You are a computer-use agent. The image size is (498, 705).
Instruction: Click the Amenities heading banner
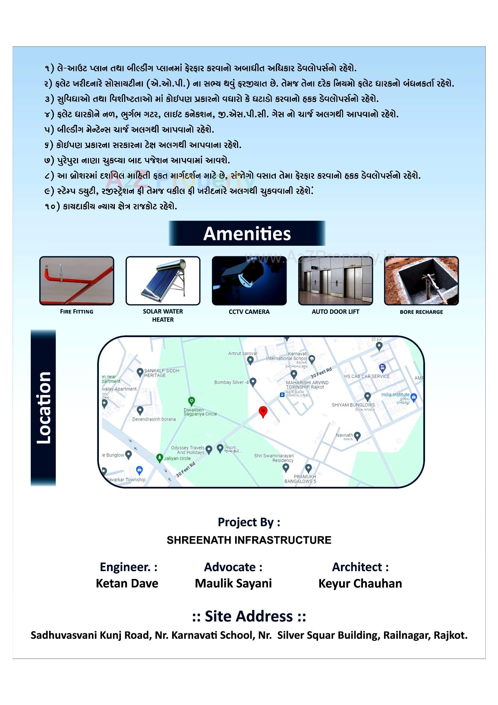247,233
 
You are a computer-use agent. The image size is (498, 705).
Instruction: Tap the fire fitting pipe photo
77,281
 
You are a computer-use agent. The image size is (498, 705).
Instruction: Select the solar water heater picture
163,281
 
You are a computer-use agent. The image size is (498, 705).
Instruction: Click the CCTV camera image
249,281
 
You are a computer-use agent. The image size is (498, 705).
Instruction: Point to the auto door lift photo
335,281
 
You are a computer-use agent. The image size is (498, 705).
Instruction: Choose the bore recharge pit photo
421,281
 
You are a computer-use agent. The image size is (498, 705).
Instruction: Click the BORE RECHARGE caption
421,312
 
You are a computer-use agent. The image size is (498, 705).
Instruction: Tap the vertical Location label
43,408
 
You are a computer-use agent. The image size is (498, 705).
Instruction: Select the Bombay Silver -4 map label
231,382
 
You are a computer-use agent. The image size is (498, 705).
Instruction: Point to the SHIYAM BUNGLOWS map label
353,405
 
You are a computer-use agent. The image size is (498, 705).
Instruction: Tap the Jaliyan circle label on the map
177,458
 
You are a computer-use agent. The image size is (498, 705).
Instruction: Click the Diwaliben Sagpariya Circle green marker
191,401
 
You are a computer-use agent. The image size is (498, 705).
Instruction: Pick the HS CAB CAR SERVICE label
367,376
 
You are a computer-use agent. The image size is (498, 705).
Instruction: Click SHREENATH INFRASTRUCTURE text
249,540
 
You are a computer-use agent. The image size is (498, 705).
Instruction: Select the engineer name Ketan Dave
127,583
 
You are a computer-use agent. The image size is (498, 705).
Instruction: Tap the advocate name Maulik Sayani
233,583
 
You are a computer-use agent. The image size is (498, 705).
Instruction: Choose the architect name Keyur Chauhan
360,583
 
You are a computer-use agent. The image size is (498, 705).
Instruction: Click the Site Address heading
249,616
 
